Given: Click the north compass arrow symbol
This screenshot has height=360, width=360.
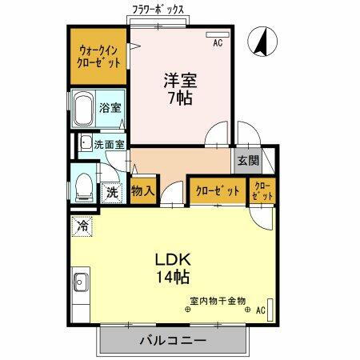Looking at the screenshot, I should tap(260, 42).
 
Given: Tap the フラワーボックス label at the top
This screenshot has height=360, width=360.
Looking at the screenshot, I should tap(158, 9).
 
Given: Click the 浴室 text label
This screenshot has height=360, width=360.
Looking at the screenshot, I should tap(110, 106).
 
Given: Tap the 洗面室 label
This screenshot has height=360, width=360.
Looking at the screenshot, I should tap(109, 145).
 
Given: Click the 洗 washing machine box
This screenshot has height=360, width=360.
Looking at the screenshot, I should tap(113, 192).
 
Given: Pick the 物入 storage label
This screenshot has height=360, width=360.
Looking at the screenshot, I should tap(142, 192).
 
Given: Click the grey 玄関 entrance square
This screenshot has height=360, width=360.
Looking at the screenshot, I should tap(247, 160).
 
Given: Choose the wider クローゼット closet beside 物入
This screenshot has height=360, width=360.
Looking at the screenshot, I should tap(218, 191).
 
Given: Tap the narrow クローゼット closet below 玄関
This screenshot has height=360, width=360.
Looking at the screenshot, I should tap(262, 191).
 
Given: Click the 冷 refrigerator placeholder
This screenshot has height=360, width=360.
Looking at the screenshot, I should tap(81, 226).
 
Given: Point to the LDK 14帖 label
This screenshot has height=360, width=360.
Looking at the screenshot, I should tap(172, 269).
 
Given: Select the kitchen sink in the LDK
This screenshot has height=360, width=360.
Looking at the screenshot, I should tap(80, 282).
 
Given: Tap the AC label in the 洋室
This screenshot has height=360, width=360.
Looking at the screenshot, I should tap(217, 46).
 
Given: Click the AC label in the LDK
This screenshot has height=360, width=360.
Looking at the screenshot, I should tap(261, 310).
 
